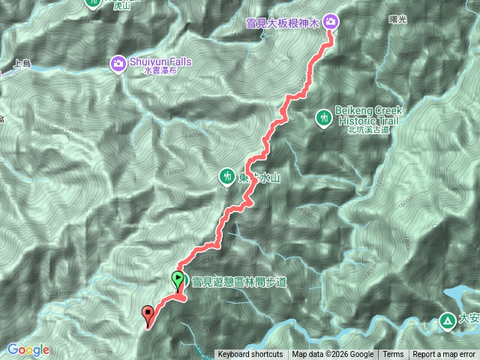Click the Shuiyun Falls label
[x=163, y=61]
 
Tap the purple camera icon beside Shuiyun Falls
[x=118, y=64]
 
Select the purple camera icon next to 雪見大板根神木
[x=331, y=22]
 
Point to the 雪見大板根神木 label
[x=283, y=24]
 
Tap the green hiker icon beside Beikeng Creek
[x=324, y=118]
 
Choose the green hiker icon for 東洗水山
[x=226, y=177]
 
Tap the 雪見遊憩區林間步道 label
[x=239, y=281]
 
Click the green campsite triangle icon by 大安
[x=447, y=321]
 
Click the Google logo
[x=28, y=349]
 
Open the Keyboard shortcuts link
[x=250, y=355]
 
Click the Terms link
[x=393, y=355]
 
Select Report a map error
[x=444, y=355]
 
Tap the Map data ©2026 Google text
[x=332, y=355]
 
